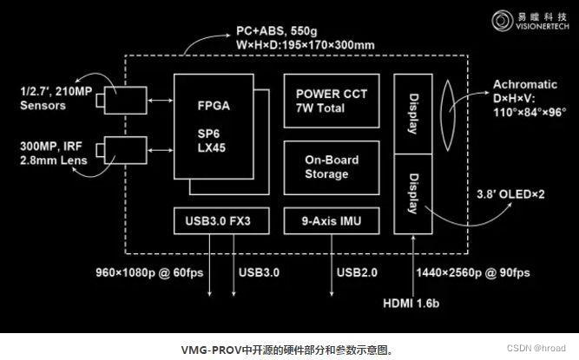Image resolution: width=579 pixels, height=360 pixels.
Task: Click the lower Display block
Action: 412,194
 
